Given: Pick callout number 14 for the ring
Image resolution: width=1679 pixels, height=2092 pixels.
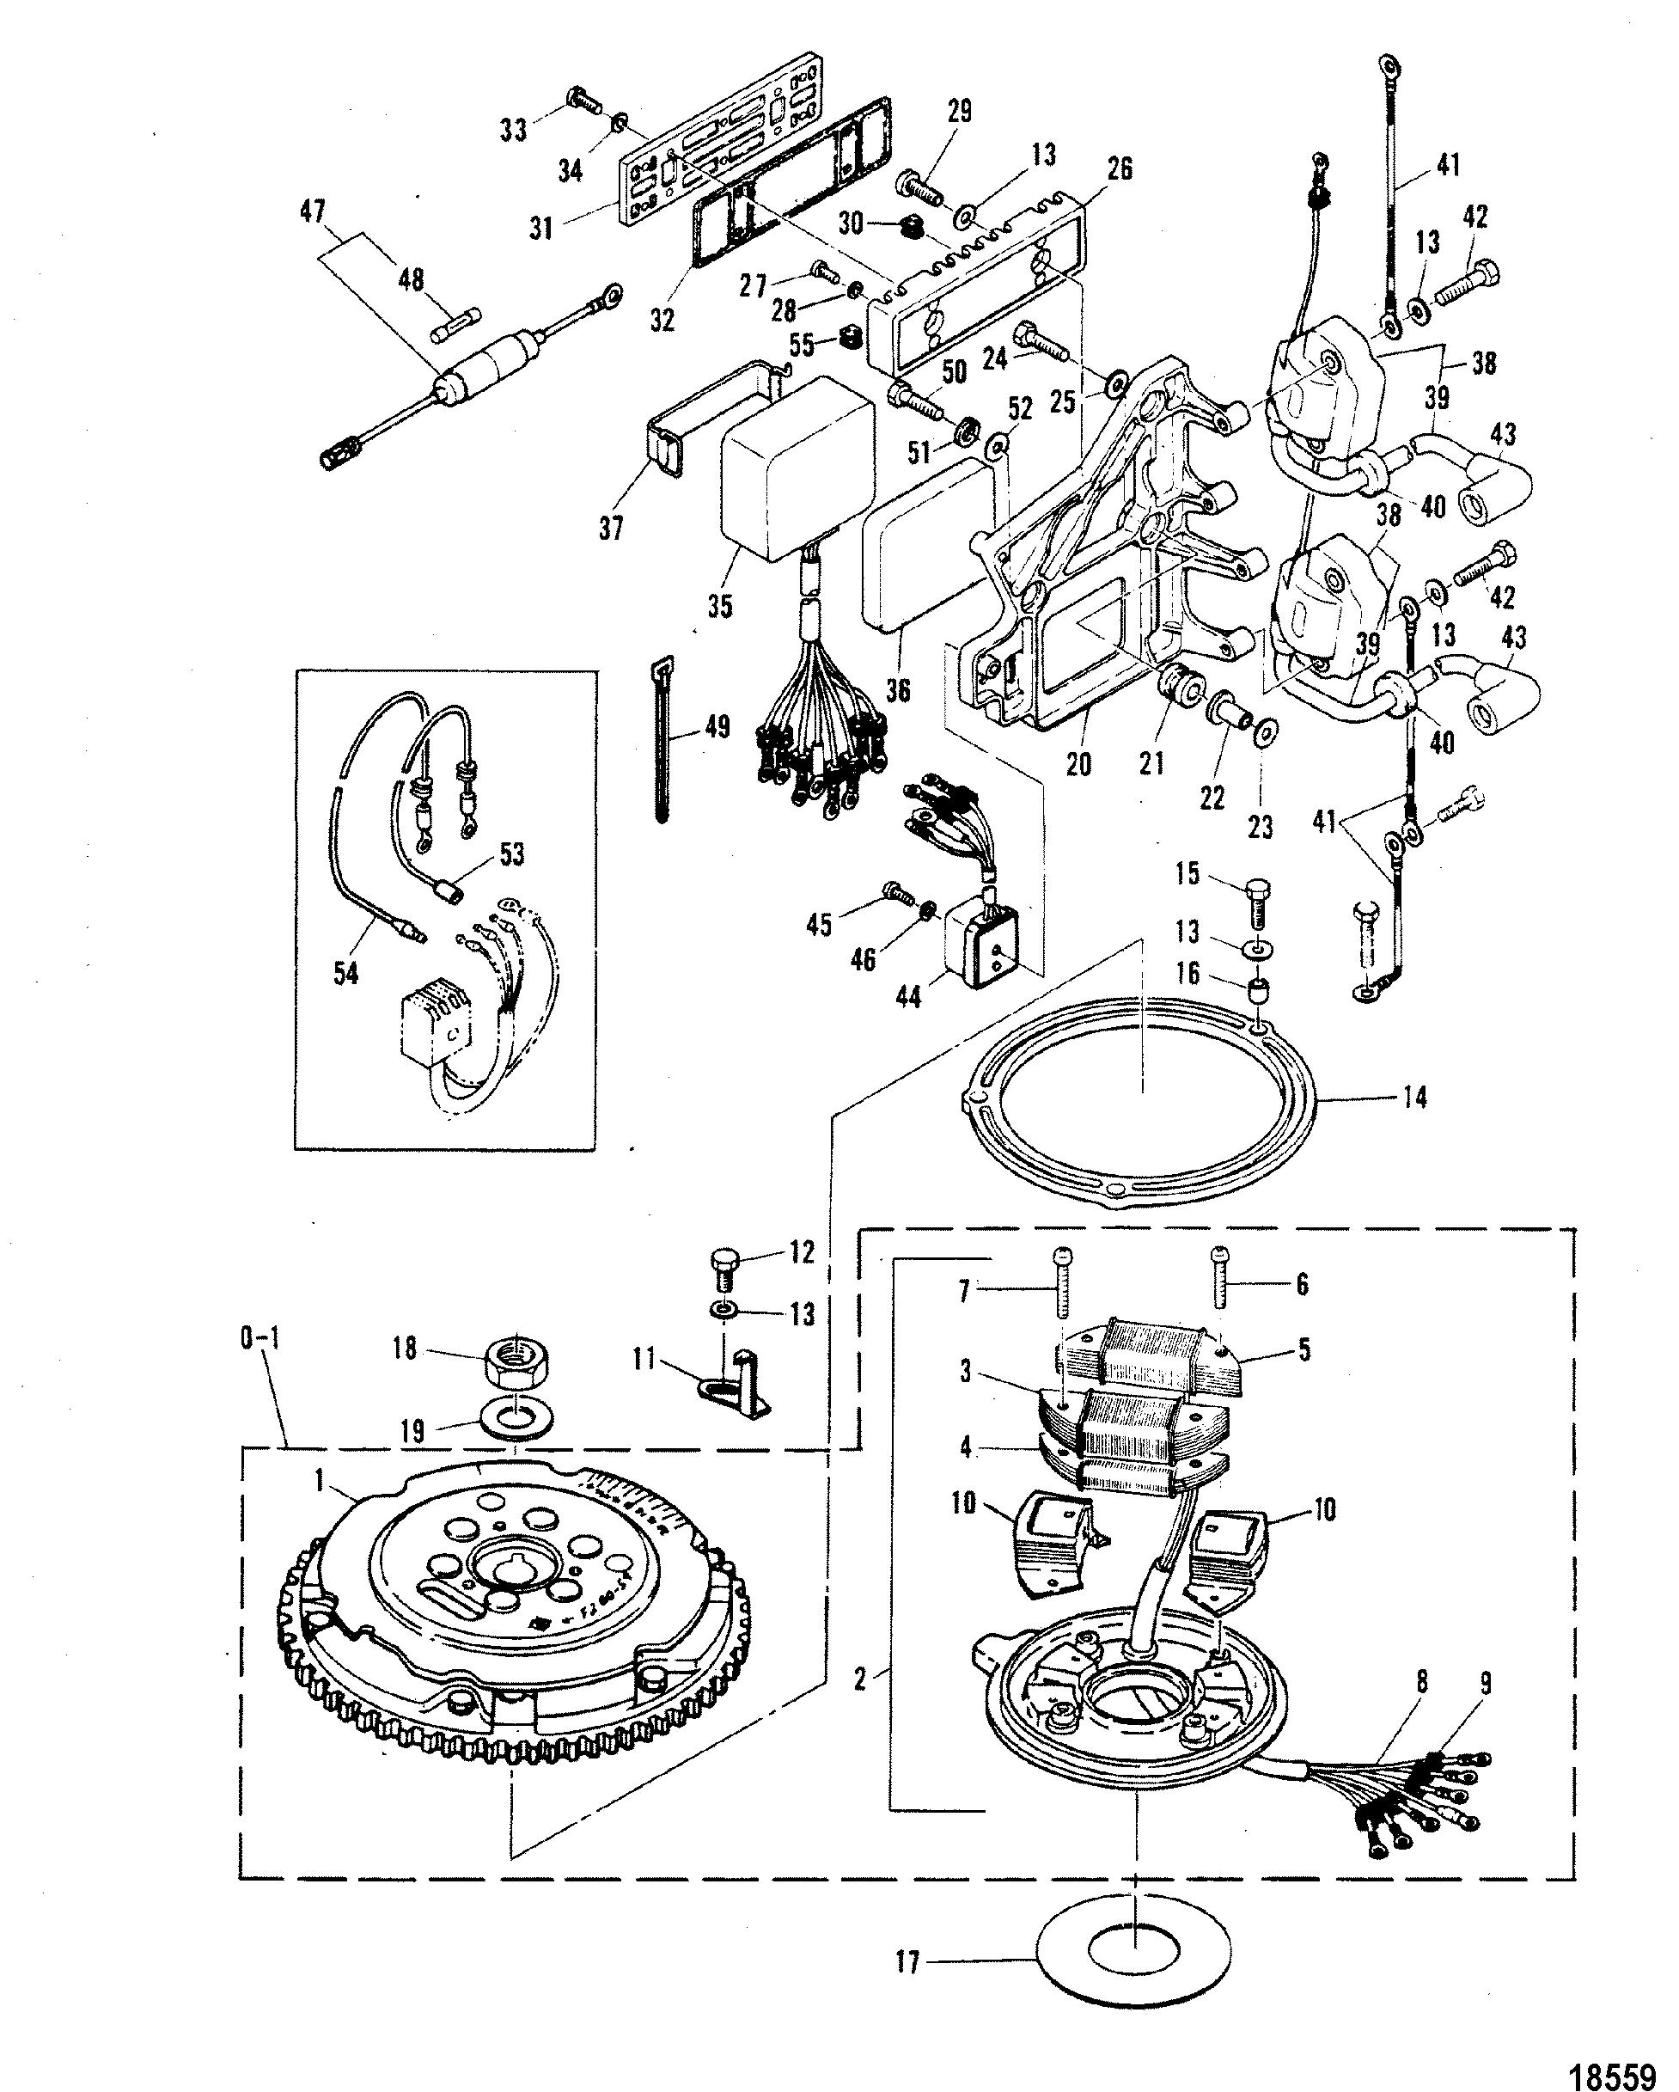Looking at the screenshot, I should coord(1415,1098).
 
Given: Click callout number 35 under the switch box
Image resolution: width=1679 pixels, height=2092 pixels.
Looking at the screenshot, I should coord(720,608).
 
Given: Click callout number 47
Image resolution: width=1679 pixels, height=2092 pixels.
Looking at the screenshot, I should coord(314,211).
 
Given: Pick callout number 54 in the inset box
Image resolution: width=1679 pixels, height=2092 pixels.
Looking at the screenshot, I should coord(345,971).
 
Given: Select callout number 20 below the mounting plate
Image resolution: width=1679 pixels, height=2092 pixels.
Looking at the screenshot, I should coord(1078,763).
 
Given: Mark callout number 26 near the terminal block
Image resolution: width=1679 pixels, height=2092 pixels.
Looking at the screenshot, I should coord(1120,170).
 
